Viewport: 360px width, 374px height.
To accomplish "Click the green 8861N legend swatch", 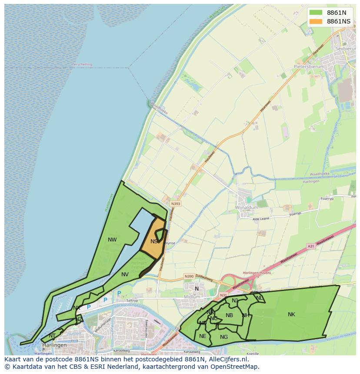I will (316, 13).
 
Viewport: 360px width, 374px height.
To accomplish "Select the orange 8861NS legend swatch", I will (316, 21).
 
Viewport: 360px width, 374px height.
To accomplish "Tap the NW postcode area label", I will (112, 239).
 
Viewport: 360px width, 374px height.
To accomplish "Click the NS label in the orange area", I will (154, 242).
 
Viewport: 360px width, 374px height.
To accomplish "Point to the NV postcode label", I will (125, 275).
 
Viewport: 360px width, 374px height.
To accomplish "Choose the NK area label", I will (291, 314).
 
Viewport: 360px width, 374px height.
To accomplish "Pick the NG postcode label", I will (224, 337).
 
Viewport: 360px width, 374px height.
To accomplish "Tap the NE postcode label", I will (203, 336).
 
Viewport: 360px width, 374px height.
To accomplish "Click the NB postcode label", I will (230, 315).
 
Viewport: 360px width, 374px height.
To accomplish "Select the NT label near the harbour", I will (52, 335).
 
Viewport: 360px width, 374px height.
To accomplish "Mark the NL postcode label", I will (259, 298).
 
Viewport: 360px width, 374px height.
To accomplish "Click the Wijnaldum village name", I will (247, 208).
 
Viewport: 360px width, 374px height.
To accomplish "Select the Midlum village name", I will (192, 297).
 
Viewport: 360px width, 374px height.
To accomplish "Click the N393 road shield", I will (176, 203).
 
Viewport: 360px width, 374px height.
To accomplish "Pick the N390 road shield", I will (189, 276).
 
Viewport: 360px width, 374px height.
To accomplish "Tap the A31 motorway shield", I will (311, 246).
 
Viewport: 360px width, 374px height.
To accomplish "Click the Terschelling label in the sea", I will (82, 64).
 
